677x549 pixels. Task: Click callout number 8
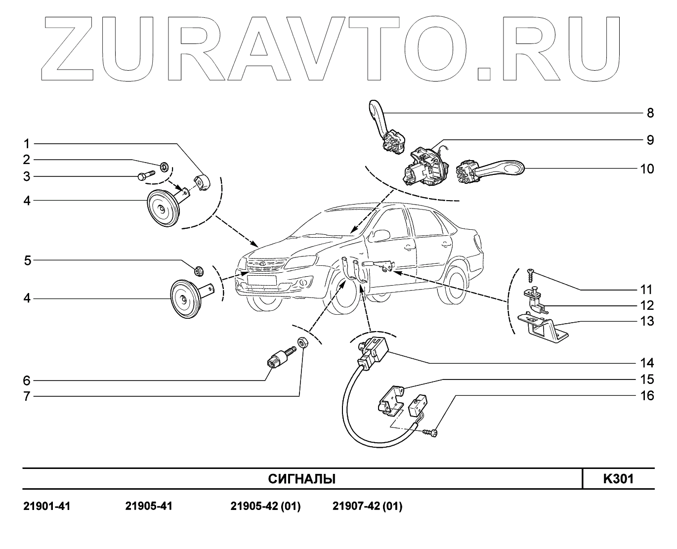pos(650,113)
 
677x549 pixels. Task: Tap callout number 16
pos(647,396)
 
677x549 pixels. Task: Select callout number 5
pos(28,260)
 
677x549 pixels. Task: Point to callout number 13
pos(647,322)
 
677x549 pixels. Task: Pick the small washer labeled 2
pos(164,166)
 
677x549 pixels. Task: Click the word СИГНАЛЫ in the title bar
pos(301,479)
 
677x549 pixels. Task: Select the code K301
pos(618,479)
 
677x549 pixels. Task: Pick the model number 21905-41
pos(149,507)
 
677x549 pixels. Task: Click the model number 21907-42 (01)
pos(367,507)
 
